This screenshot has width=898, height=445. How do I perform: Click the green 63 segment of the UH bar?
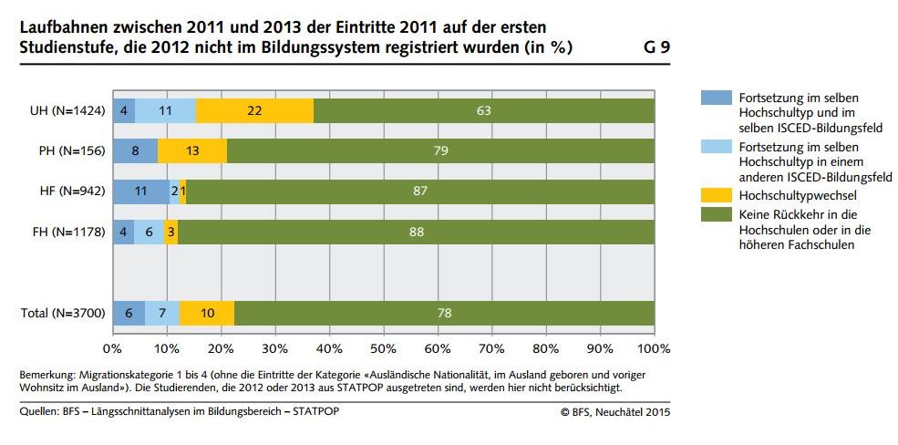(x=483, y=111)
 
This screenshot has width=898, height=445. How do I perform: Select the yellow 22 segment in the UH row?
(x=254, y=111)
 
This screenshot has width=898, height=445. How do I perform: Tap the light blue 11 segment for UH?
(x=166, y=111)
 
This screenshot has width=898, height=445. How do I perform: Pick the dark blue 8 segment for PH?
(x=135, y=151)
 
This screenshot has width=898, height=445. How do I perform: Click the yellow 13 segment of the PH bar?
(x=192, y=151)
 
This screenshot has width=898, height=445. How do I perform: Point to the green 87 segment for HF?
(x=419, y=191)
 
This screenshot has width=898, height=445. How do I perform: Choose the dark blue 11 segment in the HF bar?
(x=140, y=191)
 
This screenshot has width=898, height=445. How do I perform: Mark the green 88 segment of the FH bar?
(x=416, y=232)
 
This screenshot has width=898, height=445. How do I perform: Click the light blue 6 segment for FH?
(x=150, y=232)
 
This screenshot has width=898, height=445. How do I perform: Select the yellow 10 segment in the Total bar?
(x=207, y=313)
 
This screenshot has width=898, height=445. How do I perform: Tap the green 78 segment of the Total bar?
(x=444, y=313)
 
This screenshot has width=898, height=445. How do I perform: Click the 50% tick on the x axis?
(x=383, y=348)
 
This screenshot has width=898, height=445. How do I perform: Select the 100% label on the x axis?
(x=653, y=348)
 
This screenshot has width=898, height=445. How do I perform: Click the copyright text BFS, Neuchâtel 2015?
(x=615, y=412)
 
